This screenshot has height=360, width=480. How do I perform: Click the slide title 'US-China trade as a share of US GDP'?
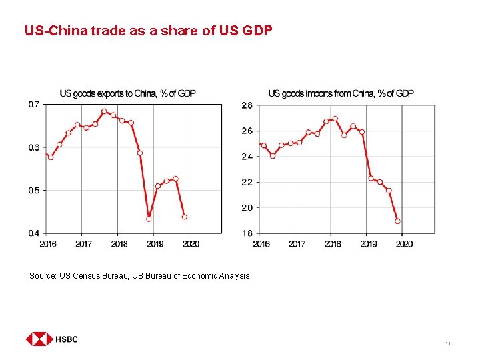(x=148, y=30)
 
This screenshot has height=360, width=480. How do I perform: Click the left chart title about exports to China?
(x=127, y=93)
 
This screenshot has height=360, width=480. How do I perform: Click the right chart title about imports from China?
(x=341, y=93)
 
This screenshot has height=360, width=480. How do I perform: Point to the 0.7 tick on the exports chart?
(x=33, y=104)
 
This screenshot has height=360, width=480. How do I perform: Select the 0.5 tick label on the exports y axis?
(x=33, y=191)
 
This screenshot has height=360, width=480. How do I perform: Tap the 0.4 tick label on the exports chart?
(x=33, y=233)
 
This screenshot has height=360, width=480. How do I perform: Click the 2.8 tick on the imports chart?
(x=246, y=105)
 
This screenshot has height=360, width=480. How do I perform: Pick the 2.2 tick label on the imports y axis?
(x=246, y=182)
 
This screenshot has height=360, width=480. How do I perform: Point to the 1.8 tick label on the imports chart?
(x=246, y=233)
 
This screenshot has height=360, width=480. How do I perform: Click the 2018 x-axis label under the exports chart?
(x=119, y=244)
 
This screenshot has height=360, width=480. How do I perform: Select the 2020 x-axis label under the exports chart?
(x=190, y=244)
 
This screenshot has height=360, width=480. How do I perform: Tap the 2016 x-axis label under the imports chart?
(x=261, y=244)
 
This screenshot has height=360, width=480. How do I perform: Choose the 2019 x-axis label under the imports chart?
(x=368, y=244)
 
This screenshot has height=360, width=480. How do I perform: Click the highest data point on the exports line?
(x=104, y=111)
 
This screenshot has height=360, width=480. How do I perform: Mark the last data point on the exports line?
(x=185, y=217)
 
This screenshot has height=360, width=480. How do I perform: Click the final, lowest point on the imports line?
(x=397, y=221)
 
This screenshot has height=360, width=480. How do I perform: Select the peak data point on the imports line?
(x=335, y=119)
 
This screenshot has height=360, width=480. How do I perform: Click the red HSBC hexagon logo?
(x=39, y=339)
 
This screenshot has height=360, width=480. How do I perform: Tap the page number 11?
(x=447, y=343)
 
